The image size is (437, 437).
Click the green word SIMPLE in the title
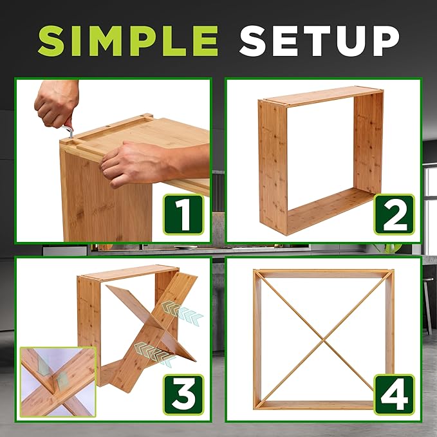click(128, 41)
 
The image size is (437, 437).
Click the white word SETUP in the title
click(319, 41)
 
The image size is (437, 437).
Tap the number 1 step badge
click(183, 214)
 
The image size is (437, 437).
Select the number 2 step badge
click(394, 214)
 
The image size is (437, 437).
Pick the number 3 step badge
click(183, 395)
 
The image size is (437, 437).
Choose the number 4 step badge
click(394, 395)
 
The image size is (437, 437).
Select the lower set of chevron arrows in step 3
click(155, 354)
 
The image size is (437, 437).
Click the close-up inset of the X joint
click(58, 382)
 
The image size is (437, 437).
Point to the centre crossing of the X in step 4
click(324, 339)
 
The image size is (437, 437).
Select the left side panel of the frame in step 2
click(273, 167)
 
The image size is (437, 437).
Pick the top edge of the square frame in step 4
click(324, 270)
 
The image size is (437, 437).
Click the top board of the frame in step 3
click(129, 273)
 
